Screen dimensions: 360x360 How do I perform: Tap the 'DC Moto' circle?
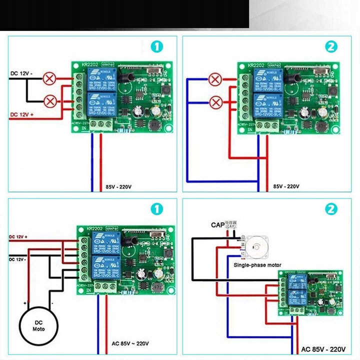[x=38, y=325]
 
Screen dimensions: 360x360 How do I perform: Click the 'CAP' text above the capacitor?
[x=217, y=225]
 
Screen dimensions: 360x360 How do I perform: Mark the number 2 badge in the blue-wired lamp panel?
[x=331, y=47]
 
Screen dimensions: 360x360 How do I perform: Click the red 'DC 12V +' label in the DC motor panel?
[x=18, y=236]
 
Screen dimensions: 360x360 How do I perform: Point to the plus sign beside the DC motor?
[x=24, y=303]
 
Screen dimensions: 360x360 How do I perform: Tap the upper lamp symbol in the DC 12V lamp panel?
[x=50, y=78]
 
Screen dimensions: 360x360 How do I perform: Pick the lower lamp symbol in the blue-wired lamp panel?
[x=216, y=102]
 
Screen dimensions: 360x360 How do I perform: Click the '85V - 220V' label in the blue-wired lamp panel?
[x=286, y=186]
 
